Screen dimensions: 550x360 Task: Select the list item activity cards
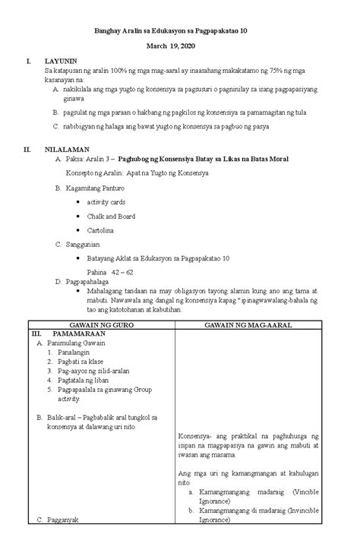[x=106, y=202]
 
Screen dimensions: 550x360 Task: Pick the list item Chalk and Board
[x=111, y=216]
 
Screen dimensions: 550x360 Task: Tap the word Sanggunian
[x=85, y=244]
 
